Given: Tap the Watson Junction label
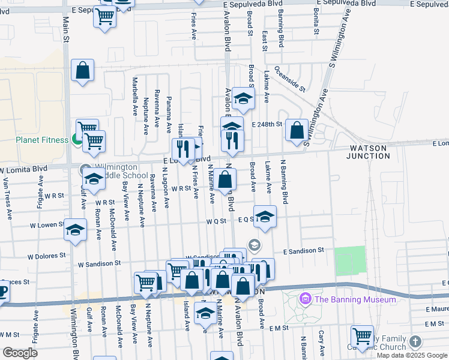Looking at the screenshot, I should [x=368, y=151].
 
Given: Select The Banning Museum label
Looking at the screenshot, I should [x=355, y=299].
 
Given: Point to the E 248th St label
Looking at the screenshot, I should [x=267, y=124].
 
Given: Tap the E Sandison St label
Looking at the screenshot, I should [x=304, y=250].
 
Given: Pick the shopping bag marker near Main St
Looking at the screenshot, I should [x=83, y=70].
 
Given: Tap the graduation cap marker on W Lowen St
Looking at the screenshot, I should [x=76, y=231].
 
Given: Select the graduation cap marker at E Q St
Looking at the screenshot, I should [x=264, y=217].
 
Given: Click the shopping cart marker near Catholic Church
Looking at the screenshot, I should [x=362, y=336].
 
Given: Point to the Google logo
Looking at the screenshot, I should [x=20, y=353].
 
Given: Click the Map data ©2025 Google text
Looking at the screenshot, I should [x=411, y=355].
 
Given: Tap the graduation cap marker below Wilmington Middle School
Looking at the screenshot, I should [x=94, y=179].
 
